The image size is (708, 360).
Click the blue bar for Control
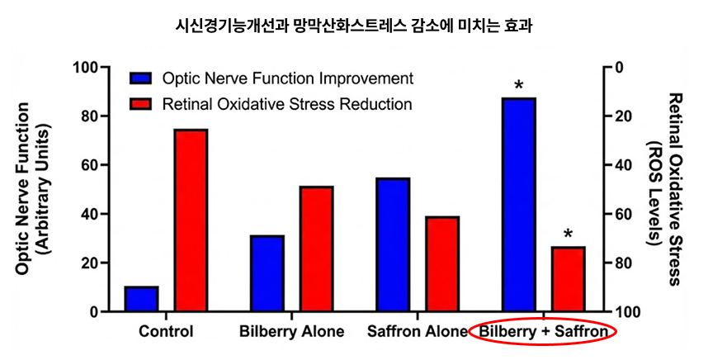(141, 299)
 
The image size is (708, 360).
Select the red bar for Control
(191, 220)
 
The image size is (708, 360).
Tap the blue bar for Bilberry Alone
(267, 273)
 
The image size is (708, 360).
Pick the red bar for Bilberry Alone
(317, 249)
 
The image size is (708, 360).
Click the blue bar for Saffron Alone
(393, 244)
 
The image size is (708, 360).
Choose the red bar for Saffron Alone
(442, 263)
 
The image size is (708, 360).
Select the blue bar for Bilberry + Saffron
(519, 204)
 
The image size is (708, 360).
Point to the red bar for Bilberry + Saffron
(568, 279)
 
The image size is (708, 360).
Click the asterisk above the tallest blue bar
(519, 85)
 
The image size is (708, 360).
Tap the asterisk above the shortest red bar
(568, 234)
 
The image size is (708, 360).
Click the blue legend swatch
(141, 78)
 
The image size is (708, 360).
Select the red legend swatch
(141, 104)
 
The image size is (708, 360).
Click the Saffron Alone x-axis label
(418, 332)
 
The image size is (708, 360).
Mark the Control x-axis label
(166, 332)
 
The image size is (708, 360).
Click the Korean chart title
(354, 26)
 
